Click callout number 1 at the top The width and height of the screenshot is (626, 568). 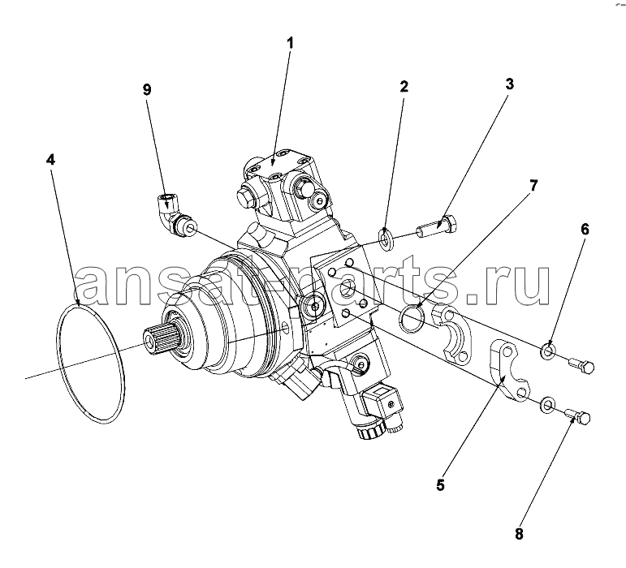coord(291,43)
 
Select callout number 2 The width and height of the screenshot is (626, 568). coord(404,86)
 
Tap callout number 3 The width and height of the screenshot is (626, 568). coord(509,84)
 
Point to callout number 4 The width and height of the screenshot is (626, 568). coord(50,160)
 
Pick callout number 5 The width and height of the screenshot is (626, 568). coord(440,485)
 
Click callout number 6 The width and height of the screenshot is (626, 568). coord(585,230)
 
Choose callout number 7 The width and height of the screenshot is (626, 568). coord(533,185)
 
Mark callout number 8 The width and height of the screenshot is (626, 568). coord(519,534)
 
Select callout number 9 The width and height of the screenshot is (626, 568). coord(147,90)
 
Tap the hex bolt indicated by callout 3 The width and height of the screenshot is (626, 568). coord(437,226)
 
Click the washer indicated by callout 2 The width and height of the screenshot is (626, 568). coord(386,239)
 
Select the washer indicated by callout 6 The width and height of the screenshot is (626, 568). coord(548,351)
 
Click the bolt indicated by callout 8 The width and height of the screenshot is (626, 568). coord(578,416)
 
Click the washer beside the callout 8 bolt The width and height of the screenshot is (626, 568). coord(547,404)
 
